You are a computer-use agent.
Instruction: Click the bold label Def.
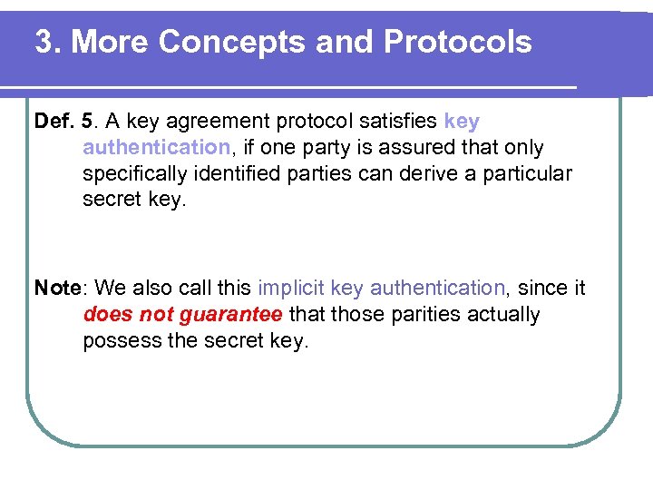(x=53, y=122)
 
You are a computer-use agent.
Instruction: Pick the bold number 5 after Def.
(x=87, y=122)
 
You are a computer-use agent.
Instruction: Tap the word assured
(x=411, y=147)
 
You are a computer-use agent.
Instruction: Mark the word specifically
(x=133, y=173)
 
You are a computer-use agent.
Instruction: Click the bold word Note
(x=57, y=289)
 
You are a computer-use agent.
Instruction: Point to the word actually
(x=500, y=315)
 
